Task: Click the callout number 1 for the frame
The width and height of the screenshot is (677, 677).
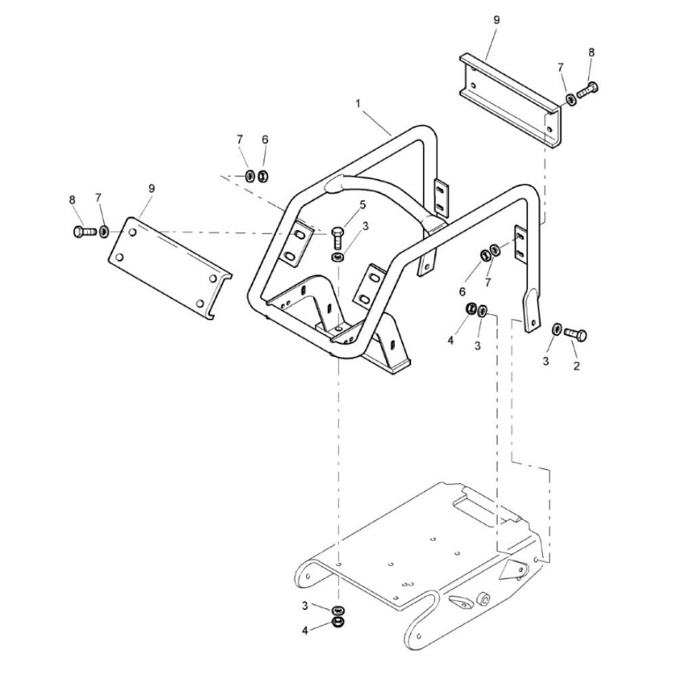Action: coord(358,104)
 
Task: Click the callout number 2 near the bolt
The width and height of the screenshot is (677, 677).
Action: coord(576,366)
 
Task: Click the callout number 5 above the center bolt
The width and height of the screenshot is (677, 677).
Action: coord(362,204)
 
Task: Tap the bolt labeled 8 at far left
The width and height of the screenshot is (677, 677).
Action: coord(85,232)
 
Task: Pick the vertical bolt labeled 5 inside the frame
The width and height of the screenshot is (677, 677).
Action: coord(337,236)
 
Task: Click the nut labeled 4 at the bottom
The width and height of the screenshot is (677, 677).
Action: coord(337,622)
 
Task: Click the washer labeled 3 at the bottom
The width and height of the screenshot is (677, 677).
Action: coord(337,611)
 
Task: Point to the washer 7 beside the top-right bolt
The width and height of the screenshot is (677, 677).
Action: coord(570,100)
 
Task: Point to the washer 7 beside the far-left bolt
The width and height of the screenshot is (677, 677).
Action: coord(104,232)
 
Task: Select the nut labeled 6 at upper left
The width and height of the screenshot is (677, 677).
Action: coord(263,176)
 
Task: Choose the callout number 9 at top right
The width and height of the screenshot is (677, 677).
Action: coord(496,20)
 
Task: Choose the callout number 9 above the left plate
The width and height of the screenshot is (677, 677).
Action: coord(151,188)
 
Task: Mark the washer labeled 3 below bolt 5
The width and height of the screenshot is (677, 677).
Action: coord(337,257)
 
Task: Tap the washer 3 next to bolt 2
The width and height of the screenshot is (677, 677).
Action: coord(557,330)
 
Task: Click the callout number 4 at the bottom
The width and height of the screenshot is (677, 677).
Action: coord(305,631)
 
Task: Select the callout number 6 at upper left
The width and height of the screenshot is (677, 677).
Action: coord(265,139)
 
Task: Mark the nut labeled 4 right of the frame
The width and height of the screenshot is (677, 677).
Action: coord(471,309)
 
